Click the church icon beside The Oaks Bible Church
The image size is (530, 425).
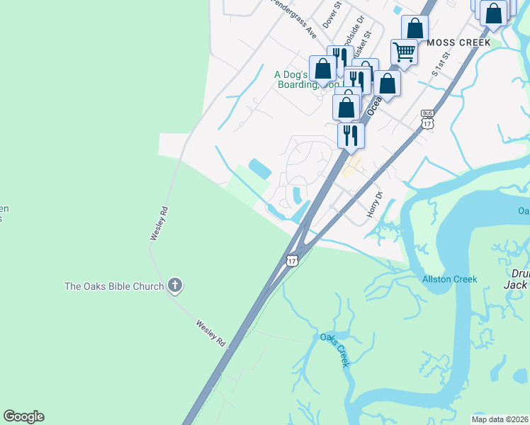pyautogui.click(x=175, y=286)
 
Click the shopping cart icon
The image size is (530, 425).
pyautogui.click(x=404, y=52)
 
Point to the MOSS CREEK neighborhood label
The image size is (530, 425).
pyautogui.click(x=459, y=42)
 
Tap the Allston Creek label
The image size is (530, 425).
pyautogui.click(x=449, y=279)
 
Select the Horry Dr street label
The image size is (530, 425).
pyautogui.click(x=374, y=204)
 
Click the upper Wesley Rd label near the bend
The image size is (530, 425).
pyautogui.click(x=159, y=223)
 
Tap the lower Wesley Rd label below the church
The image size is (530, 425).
pyautogui.click(x=210, y=331)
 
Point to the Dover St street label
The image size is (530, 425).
pyautogui.click(x=332, y=13)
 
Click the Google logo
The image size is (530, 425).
pyautogui.click(x=23, y=416)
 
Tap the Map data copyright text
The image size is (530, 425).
pyautogui.click(x=500, y=419)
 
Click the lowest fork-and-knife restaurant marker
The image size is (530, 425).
pyautogui.click(x=351, y=135)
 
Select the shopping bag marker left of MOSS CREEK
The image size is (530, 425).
pyautogui.click(x=415, y=28)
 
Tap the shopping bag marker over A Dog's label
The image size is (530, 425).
pyautogui.click(x=322, y=69)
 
